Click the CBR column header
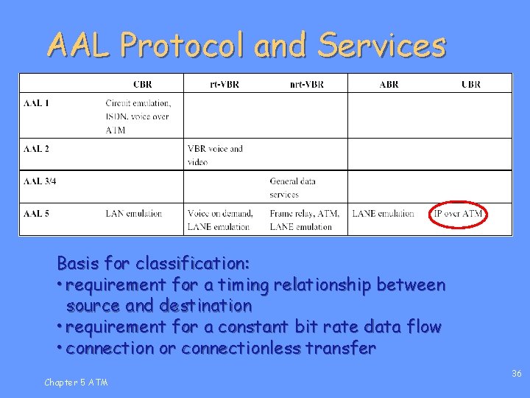click(x=143, y=84)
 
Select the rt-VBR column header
click(x=224, y=84)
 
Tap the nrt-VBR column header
click(x=306, y=84)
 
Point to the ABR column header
click(x=389, y=84)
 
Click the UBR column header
click(x=470, y=84)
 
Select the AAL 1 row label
click(x=36, y=102)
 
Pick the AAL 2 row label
click(x=36, y=149)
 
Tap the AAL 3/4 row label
click(x=40, y=181)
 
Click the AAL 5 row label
click(x=36, y=214)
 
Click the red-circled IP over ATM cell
click(x=459, y=214)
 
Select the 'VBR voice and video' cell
click(x=215, y=155)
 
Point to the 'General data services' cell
click(x=292, y=187)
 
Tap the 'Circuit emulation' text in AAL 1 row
click(x=138, y=103)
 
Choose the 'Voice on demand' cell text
click(x=220, y=214)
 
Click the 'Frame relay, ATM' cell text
click(x=304, y=214)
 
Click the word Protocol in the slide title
click(x=183, y=45)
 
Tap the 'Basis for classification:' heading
click(x=153, y=263)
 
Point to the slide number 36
click(x=516, y=374)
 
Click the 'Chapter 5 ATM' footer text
click(x=76, y=382)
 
